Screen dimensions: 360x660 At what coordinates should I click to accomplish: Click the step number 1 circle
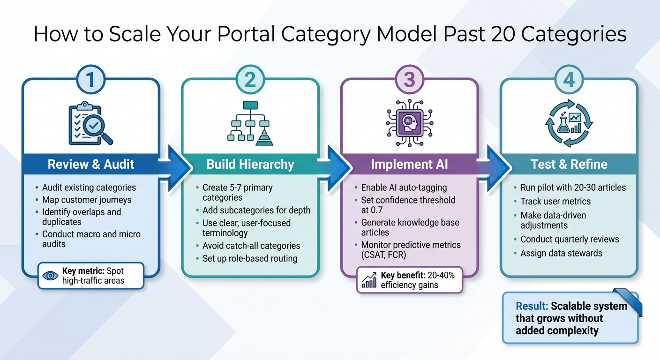91,80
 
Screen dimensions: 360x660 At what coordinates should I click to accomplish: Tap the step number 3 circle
409,80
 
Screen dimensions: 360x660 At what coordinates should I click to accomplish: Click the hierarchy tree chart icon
250,121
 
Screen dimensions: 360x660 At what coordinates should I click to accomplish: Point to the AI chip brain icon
409,121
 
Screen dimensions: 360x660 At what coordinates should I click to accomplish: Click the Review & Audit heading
91,165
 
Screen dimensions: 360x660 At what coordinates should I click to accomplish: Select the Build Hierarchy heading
250,165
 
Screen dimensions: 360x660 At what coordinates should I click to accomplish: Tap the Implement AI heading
409,165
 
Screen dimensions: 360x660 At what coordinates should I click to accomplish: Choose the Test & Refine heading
569,165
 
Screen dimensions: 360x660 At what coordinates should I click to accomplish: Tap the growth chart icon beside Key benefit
369,280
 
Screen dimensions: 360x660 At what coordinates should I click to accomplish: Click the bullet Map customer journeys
86,200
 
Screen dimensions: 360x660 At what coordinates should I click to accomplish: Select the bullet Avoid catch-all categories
251,246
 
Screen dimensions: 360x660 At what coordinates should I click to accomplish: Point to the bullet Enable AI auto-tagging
404,187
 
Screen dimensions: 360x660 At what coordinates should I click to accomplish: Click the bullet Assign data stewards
561,253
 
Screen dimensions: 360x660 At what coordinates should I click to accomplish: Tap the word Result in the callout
532,307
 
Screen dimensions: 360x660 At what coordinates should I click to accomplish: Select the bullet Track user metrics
555,202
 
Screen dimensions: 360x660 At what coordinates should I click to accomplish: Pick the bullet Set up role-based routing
249,258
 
